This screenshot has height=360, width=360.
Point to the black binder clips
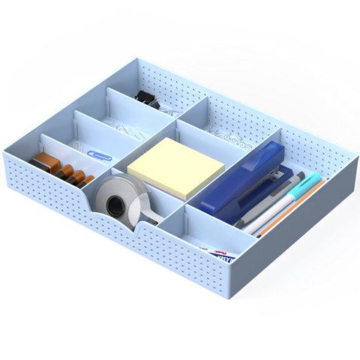pos(142,95)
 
